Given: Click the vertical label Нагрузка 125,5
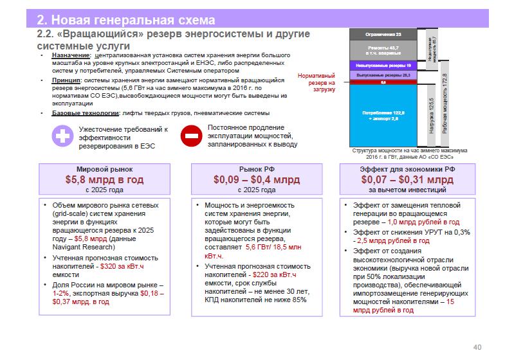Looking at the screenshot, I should [432, 120].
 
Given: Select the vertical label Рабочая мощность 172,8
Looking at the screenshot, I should [445, 103].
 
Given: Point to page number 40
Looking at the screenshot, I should [477, 347].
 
